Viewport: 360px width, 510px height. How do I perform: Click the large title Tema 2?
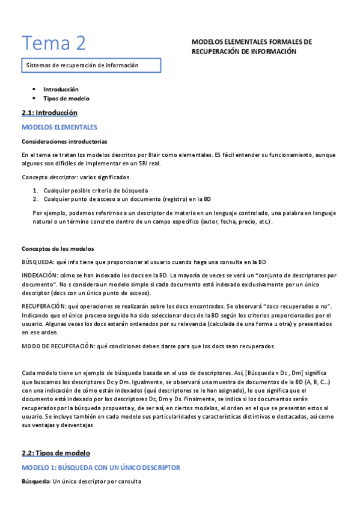[54, 43]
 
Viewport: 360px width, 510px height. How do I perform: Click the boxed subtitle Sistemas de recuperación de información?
[82, 65]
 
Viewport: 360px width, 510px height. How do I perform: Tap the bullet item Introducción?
[61, 89]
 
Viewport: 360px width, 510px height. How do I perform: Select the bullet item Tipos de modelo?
[66, 98]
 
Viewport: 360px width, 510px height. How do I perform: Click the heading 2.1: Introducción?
[49, 112]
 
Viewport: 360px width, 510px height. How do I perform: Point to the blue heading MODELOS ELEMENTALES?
[59, 127]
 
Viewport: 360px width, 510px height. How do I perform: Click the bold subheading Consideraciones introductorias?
[64, 142]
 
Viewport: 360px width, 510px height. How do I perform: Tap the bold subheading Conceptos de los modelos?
[58, 249]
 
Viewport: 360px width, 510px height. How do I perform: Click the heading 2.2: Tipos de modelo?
[55, 452]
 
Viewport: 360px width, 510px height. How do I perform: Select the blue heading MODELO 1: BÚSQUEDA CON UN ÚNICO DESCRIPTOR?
[100, 467]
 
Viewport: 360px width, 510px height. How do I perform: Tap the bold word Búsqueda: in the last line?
[35, 482]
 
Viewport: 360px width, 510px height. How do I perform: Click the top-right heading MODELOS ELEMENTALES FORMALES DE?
[252, 43]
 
